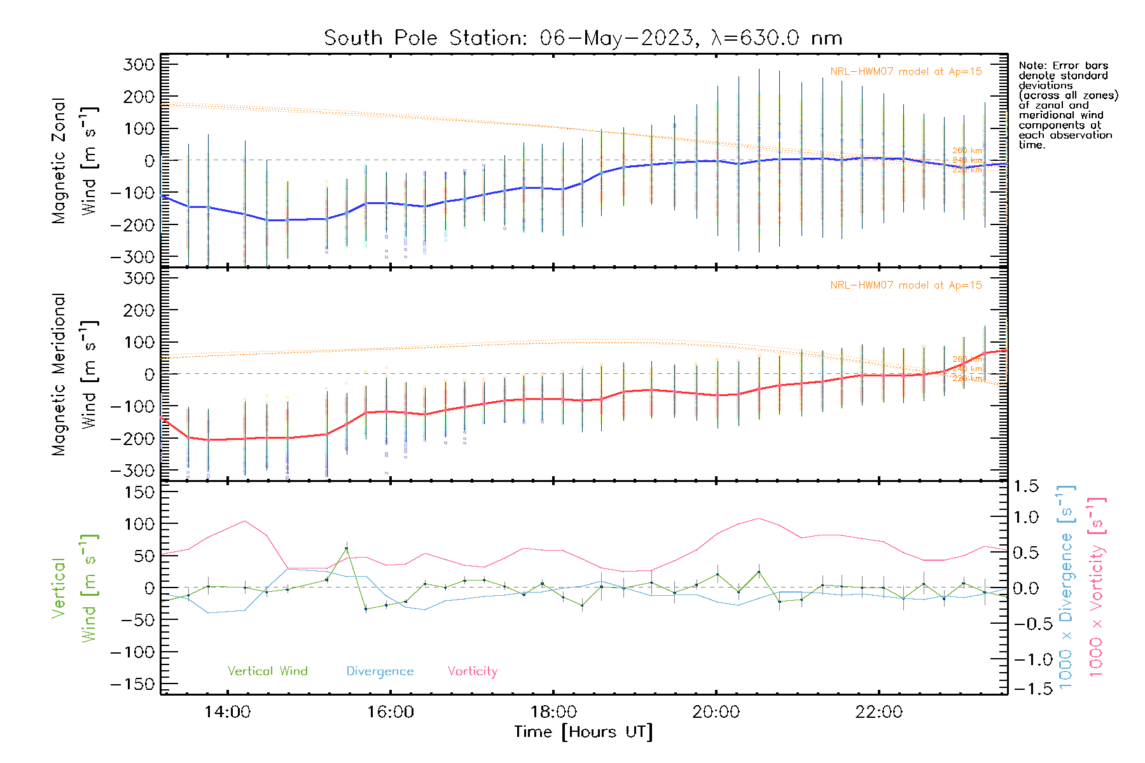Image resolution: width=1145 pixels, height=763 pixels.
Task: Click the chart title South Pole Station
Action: (583, 38)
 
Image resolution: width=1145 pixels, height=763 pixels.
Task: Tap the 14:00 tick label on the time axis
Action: (228, 712)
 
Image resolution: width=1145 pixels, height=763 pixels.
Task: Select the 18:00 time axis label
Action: (553, 712)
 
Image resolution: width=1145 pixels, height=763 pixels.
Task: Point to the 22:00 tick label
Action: (879, 712)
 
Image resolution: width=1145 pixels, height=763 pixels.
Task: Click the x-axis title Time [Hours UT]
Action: (583, 732)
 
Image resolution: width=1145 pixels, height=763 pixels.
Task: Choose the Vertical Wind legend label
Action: (267, 671)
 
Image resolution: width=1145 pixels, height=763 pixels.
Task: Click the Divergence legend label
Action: (380, 671)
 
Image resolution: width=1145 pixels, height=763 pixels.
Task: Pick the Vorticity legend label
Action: (472, 671)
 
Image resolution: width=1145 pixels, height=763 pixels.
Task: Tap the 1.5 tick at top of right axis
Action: (1025, 486)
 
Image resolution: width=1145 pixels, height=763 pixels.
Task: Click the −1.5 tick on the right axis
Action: (1025, 689)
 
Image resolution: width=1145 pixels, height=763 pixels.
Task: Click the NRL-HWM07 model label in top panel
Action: (906, 72)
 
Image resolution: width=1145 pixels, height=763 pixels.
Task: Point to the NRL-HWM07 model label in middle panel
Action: (906, 285)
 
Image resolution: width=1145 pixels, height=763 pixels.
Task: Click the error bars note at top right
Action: (1067, 105)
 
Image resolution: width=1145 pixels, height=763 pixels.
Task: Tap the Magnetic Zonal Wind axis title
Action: (75, 161)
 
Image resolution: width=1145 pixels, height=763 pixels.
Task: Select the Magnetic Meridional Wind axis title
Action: (75, 375)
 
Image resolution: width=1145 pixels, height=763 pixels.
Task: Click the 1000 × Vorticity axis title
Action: (1097, 587)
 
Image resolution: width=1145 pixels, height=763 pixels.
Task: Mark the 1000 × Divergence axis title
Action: (1066, 587)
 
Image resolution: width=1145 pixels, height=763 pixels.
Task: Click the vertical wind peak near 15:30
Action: (346, 548)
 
